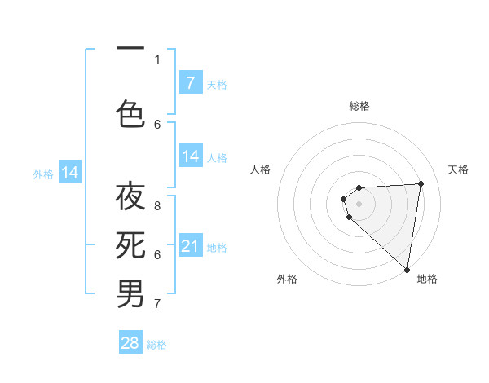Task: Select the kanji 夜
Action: [130, 199]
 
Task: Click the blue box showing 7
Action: [190, 83]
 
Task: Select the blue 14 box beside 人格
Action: [190, 157]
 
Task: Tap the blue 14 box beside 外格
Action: [70, 173]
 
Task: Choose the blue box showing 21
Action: [190, 246]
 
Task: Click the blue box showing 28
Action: [130, 343]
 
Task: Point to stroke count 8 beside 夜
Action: [157, 206]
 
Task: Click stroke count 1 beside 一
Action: [157, 59]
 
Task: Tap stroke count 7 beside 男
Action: [157, 304]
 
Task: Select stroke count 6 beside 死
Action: [157, 255]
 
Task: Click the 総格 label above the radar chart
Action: [359, 106]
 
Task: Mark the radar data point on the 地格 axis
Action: [407, 269]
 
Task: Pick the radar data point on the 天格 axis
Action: [421, 183]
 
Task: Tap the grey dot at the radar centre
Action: [359, 202]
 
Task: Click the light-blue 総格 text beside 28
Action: [156, 345]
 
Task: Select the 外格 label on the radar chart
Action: [287, 279]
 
